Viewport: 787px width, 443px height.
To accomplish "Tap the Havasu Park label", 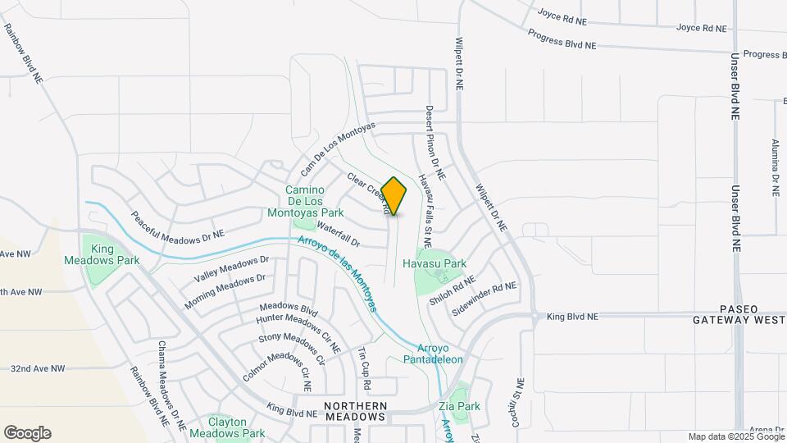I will tap(434, 264).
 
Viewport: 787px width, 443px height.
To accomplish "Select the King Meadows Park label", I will tap(102, 254).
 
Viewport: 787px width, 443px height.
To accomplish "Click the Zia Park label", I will tap(458, 406).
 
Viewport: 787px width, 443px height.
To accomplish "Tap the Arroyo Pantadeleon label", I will tap(433, 354).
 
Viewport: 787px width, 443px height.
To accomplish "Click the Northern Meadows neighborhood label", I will tap(354, 411).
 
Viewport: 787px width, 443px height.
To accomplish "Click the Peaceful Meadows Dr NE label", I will tap(177, 229).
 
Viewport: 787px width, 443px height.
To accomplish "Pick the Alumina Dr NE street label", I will tap(775, 167).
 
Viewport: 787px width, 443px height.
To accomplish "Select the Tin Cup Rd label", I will tap(365, 368).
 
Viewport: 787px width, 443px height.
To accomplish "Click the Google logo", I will tap(27, 433).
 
